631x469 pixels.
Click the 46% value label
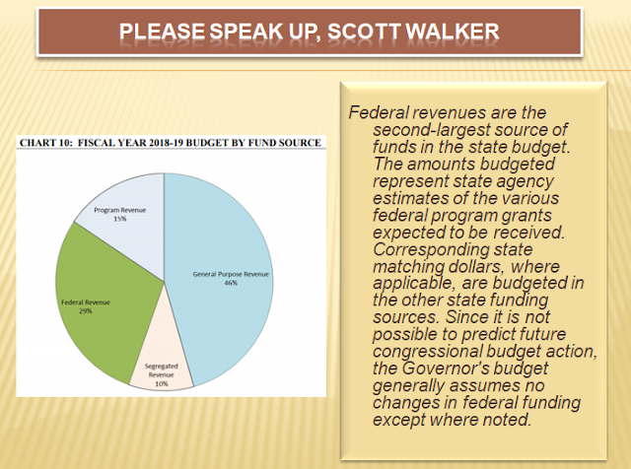[231, 283]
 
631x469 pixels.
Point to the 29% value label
[86, 311]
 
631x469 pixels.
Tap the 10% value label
[162, 383]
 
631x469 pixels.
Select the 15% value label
[120, 219]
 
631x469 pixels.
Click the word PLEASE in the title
[162, 32]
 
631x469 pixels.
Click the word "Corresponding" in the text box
[428, 250]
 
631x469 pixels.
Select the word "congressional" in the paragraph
[427, 352]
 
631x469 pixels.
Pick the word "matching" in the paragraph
[407, 267]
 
